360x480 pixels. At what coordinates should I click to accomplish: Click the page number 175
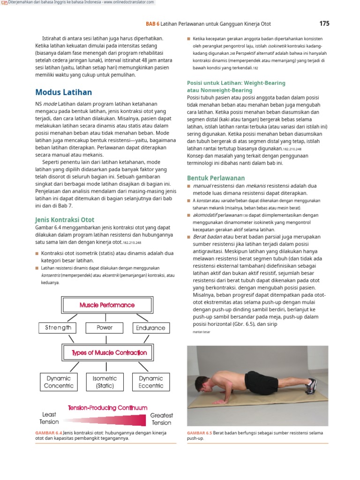point(324,23)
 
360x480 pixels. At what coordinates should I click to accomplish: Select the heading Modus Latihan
point(64,92)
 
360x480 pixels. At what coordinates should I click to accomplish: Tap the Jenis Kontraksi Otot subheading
point(65,219)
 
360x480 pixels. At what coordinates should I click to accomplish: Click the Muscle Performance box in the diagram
point(107,305)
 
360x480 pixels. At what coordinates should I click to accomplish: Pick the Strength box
point(58,328)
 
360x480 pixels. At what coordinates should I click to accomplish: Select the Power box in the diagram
point(105,328)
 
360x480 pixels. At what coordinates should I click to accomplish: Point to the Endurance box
point(150,328)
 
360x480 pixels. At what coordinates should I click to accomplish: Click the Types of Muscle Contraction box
point(109,353)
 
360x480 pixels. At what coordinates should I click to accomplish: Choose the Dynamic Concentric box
point(59,382)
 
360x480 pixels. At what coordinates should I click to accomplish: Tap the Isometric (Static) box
point(105,382)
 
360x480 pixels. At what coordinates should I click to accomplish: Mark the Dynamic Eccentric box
point(150,382)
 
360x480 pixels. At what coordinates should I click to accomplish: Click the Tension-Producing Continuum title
point(108,408)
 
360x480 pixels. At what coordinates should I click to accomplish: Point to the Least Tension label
point(49,418)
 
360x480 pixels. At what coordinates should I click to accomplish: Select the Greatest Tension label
point(161,419)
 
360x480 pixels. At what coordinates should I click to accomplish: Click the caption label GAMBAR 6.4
point(48,433)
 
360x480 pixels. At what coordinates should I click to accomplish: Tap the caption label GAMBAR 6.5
point(199,433)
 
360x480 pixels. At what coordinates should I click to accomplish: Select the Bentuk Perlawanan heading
point(216,178)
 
